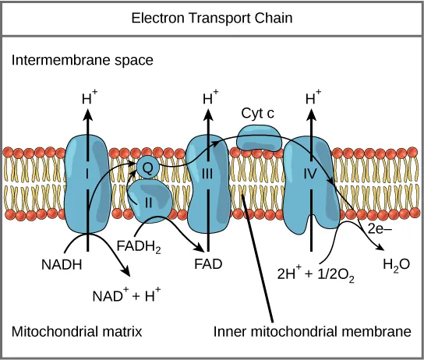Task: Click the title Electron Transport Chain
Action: coord(212,17)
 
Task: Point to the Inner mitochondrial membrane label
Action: coord(312,331)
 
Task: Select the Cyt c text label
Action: coord(258,113)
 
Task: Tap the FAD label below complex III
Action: coord(208,263)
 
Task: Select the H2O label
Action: coord(395,265)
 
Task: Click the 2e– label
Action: coord(380,230)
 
